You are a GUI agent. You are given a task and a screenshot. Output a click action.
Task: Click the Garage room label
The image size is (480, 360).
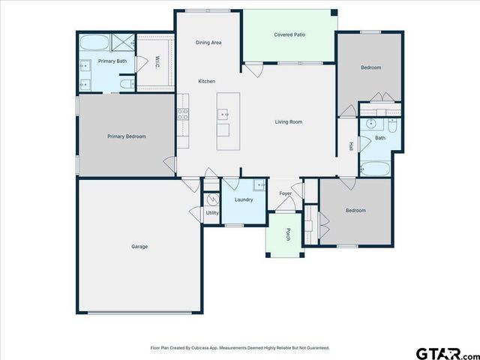tap(139, 247)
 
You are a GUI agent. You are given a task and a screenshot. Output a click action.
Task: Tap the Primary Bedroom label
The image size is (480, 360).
tap(126, 136)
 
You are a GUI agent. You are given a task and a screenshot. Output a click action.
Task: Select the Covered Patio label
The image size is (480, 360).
tap(289, 34)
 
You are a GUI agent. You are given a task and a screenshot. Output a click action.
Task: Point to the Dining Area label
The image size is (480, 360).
tap(208, 43)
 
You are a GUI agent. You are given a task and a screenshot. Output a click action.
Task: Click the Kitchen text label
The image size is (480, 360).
tap(206, 81)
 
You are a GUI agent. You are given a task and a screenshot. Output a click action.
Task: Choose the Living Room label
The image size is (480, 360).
tap(289, 121)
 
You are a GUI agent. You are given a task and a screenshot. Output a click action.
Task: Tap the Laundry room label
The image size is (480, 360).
tap(244, 199)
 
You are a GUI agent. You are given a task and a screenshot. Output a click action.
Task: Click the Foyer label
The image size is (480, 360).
tap(286, 193)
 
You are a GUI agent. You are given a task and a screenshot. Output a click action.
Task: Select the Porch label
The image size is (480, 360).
tap(288, 235)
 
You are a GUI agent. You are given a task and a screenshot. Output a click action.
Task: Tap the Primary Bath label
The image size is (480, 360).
tap(112, 60)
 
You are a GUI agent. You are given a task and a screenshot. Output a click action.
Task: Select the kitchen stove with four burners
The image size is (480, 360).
tap(182, 115)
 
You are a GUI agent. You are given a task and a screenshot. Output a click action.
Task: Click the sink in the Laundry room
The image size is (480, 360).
tap(259, 185)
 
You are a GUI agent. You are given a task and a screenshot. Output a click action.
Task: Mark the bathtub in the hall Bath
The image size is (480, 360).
tap(375, 169)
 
